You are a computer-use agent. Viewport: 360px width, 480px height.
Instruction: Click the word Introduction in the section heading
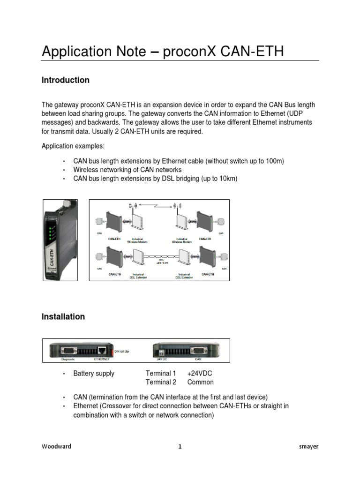[66, 80]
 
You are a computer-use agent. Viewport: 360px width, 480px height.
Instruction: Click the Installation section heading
[63, 317]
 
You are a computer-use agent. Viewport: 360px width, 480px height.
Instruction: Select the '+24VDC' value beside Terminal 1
[201, 374]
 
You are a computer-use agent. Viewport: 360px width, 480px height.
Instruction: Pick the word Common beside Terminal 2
[200, 382]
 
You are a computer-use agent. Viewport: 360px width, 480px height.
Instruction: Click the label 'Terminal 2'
[161, 382]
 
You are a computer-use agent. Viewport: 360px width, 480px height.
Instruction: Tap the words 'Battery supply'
[94, 374]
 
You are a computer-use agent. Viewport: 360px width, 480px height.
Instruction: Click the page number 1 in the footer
[180, 447]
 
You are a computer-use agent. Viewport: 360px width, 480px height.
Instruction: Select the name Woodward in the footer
[57, 447]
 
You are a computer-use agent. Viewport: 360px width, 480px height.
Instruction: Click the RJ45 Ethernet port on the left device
[101, 350]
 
